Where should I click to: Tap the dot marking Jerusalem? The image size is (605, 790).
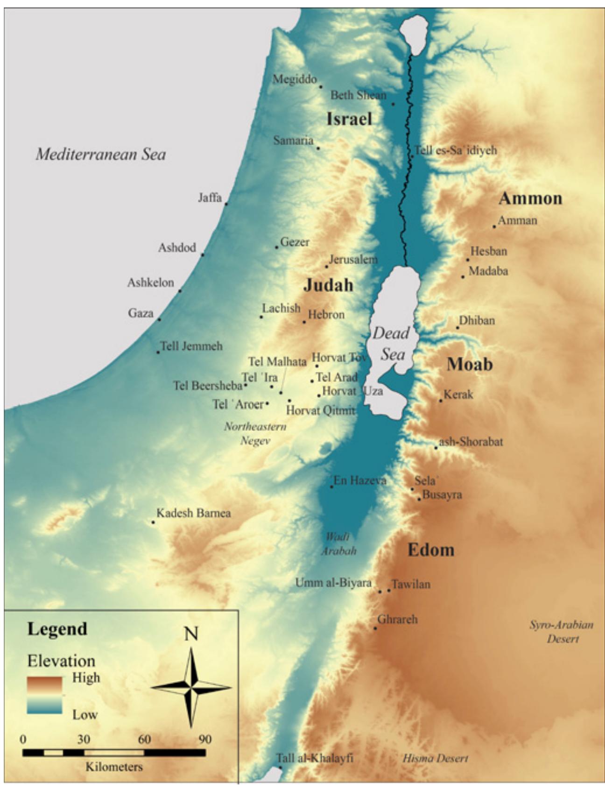point(326,267)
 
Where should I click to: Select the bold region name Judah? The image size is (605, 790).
point(328,285)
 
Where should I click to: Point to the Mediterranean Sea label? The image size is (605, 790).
point(101,154)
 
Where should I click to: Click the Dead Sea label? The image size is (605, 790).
point(391,344)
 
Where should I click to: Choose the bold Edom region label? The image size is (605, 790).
point(430,550)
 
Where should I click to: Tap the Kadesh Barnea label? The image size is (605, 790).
point(193,513)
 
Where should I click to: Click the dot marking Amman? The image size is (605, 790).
point(494,226)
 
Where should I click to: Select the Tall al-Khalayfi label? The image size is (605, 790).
point(315,758)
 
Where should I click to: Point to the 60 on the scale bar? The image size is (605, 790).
point(144,739)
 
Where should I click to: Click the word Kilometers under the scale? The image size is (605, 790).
point(114,767)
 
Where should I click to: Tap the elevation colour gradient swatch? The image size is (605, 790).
point(44,695)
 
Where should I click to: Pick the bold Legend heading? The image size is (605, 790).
point(57,628)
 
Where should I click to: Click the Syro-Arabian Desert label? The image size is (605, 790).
point(561,631)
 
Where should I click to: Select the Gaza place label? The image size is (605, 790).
point(141,313)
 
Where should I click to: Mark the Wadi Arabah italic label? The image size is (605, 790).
point(338,544)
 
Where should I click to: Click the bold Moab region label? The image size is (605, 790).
point(469,364)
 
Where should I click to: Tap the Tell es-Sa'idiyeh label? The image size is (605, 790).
point(456,150)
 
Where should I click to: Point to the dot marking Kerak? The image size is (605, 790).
point(440,401)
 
